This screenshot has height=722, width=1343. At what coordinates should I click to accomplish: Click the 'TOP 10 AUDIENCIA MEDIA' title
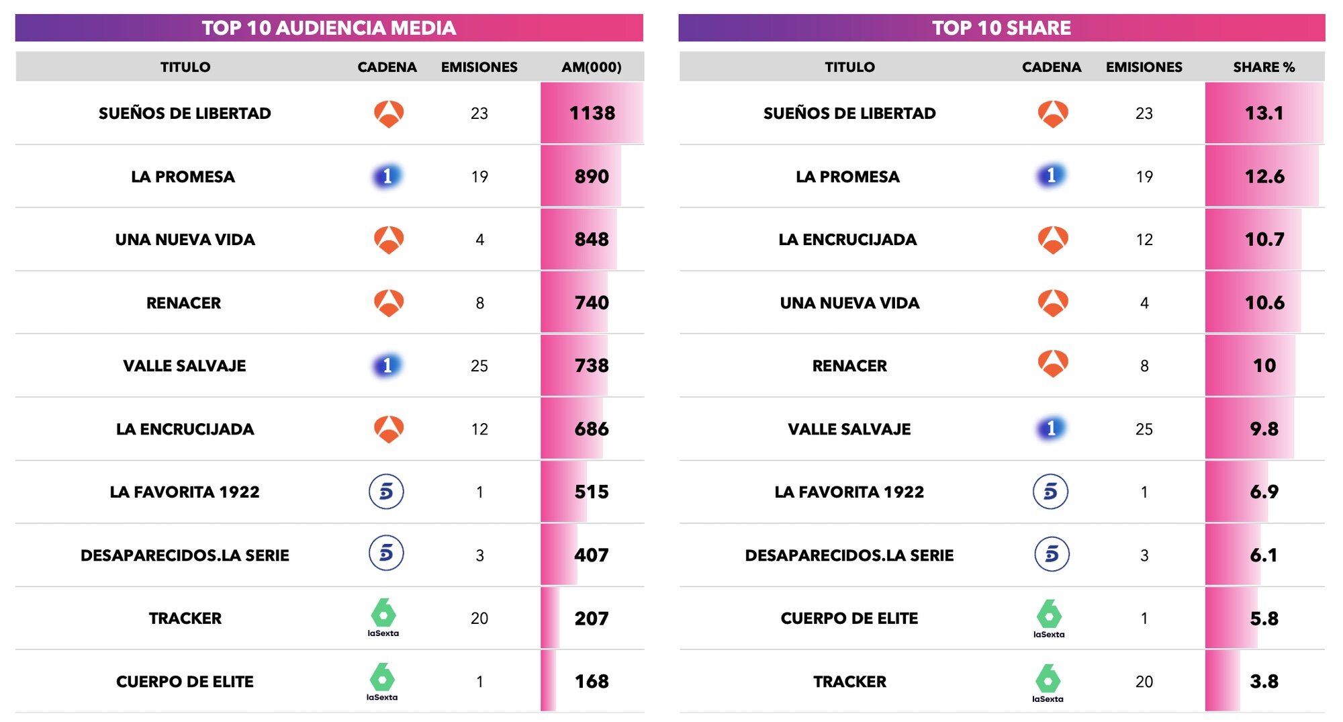pyautogui.click(x=328, y=28)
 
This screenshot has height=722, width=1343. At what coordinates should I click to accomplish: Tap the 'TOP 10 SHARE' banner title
pyautogui.click(x=1001, y=28)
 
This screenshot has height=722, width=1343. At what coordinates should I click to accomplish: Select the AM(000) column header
pyautogui.click(x=591, y=67)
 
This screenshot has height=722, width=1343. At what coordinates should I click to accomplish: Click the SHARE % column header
pyautogui.click(x=1264, y=67)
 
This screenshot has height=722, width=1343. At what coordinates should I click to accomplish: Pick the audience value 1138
pyautogui.click(x=592, y=113)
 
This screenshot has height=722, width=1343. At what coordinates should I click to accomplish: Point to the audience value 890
pyautogui.click(x=592, y=177)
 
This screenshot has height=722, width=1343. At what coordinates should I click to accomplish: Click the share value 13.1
pyautogui.click(x=1264, y=113)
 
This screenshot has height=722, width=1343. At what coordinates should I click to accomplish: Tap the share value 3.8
pyautogui.click(x=1264, y=682)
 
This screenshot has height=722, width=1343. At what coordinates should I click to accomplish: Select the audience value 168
pyautogui.click(x=592, y=682)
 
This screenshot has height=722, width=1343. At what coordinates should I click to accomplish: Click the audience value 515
pyautogui.click(x=592, y=492)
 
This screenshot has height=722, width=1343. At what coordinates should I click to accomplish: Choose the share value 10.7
pyautogui.click(x=1264, y=240)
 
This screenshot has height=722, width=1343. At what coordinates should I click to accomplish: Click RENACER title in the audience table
pyautogui.click(x=183, y=303)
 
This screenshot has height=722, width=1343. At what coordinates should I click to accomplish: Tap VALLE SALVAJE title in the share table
pyautogui.click(x=849, y=429)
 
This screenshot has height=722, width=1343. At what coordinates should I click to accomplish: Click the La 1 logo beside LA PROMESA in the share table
pyautogui.click(x=1052, y=176)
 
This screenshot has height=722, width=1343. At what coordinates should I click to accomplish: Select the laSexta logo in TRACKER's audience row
pyautogui.click(x=383, y=617)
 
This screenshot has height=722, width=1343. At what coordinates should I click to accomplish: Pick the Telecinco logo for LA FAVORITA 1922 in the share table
pyautogui.click(x=1050, y=492)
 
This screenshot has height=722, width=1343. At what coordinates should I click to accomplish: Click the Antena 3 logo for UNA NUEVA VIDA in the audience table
pyautogui.click(x=389, y=240)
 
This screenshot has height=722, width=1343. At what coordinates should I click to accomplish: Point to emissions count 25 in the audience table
pyautogui.click(x=479, y=366)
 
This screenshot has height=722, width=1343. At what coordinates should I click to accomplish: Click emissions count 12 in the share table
pyautogui.click(x=1144, y=240)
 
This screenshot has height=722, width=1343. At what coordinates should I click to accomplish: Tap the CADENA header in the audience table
pyautogui.click(x=387, y=67)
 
